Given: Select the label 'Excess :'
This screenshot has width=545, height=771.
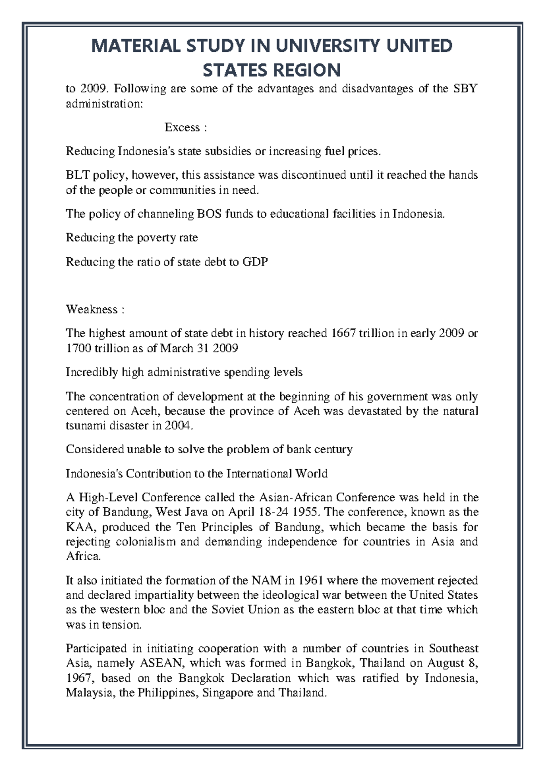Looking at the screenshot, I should pyautogui.click(x=185, y=128).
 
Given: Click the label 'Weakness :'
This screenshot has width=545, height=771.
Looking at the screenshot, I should pyautogui.click(x=95, y=310).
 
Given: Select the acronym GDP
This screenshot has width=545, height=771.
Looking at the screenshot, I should pyautogui.click(x=255, y=262).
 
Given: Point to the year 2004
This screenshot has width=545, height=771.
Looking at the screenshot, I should pyautogui.click(x=178, y=426).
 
